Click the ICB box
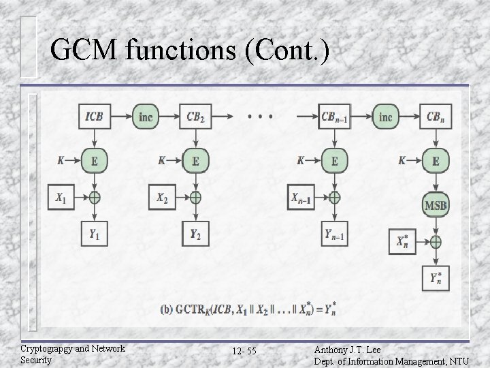(x=95, y=117)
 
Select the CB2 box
(x=195, y=117)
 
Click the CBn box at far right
(x=436, y=117)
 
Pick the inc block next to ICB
(x=145, y=117)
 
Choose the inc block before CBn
(x=385, y=117)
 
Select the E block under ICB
(x=95, y=161)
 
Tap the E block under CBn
(x=436, y=161)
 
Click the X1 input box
(x=61, y=198)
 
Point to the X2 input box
(x=162, y=198)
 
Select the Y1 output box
(x=95, y=234)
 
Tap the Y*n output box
(x=436, y=278)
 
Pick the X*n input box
(x=402, y=241)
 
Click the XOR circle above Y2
(x=195, y=198)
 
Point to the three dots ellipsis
(x=260, y=117)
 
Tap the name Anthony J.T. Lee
(x=348, y=349)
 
